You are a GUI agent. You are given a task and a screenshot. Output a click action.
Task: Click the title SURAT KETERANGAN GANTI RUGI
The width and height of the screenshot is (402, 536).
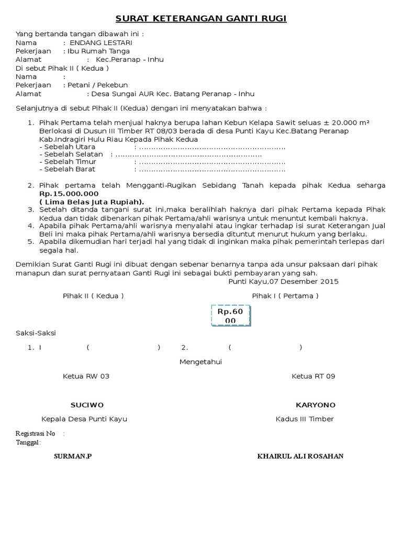click(x=201, y=19)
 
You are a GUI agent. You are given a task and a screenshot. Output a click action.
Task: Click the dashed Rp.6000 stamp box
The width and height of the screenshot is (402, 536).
click(x=230, y=316)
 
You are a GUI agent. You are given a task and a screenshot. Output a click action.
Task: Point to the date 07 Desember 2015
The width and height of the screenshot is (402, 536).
click(x=304, y=281)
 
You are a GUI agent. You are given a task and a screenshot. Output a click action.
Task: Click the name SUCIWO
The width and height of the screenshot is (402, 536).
click(x=87, y=405)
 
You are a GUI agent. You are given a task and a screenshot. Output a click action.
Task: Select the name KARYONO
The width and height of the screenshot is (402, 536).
click(x=316, y=405)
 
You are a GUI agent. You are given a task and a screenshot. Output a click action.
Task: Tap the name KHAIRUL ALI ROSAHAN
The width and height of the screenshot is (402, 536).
click(x=300, y=456)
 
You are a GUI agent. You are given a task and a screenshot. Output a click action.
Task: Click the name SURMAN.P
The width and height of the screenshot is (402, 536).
click(x=73, y=456)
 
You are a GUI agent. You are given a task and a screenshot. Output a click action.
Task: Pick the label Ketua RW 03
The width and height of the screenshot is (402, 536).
click(x=86, y=376)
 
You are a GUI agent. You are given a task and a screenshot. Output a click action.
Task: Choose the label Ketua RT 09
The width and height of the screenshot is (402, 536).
click(x=313, y=376)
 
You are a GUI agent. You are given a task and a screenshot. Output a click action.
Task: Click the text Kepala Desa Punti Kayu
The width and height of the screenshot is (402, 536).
click(x=84, y=419)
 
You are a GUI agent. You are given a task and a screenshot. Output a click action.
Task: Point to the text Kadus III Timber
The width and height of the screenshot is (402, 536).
click(x=305, y=419)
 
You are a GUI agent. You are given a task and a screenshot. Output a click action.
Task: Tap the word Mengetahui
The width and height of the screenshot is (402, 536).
click(x=201, y=362)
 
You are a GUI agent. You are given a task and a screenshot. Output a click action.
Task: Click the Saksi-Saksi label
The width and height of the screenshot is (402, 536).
click(x=36, y=333)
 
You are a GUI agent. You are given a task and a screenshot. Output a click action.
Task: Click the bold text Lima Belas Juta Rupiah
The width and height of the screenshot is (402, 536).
click(x=92, y=202)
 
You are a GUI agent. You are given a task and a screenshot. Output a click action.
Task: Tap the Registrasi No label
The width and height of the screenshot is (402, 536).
click(x=36, y=433)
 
